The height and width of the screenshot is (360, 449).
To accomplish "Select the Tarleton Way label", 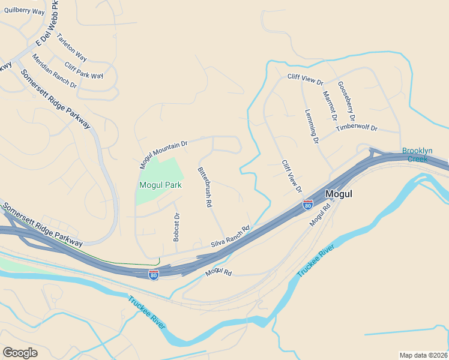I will tap(71, 47).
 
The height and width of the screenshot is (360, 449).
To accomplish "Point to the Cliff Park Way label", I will tap(83, 71).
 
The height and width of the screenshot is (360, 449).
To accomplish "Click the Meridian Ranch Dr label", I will tap(54, 71).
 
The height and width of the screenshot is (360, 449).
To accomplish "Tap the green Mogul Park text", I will tap(160, 185).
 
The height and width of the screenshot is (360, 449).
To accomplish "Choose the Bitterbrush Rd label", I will tap(205, 187).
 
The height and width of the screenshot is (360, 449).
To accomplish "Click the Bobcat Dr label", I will tap(176, 227).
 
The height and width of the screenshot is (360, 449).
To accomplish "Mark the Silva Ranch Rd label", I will tap(229, 237).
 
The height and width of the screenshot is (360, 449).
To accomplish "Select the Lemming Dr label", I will tap(311, 125).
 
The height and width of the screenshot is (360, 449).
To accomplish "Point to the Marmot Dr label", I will tap(330, 105).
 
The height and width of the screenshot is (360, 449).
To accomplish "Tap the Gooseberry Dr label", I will tap(346, 100).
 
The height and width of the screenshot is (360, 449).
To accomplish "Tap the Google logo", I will tap(20, 352).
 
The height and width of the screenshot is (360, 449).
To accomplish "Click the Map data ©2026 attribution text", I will tap(424, 355).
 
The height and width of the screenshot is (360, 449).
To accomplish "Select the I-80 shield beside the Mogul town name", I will tap(308, 205).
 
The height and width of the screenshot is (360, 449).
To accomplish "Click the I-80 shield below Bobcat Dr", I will tap(154, 274).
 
